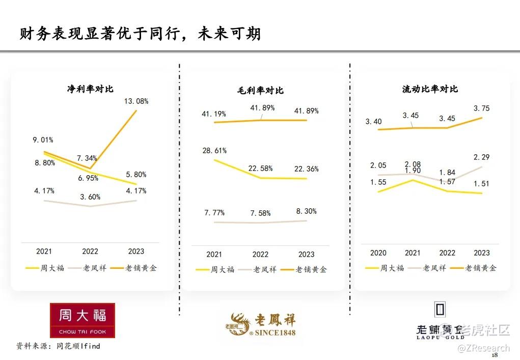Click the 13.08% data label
pyautogui.click(x=136, y=101)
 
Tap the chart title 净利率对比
pyautogui.click(x=90, y=89)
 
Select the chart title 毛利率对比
pyautogui.click(x=260, y=90)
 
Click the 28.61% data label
pyautogui.click(x=214, y=151)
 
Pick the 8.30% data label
pyautogui.click(x=307, y=211)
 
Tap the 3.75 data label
pyautogui.click(x=482, y=108)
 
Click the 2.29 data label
pyautogui.click(x=482, y=157)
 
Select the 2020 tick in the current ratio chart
pyautogui.click(x=378, y=253)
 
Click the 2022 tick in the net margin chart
pyautogui.click(x=90, y=251)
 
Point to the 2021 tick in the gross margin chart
pyautogui.click(x=214, y=254)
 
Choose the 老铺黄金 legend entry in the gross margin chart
pyautogui.click(x=311, y=269)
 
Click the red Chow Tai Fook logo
pyautogui.click(x=82, y=320)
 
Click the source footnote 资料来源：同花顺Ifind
pyautogui.click(x=58, y=346)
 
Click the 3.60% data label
pyautogui.click(x=90, y=197)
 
